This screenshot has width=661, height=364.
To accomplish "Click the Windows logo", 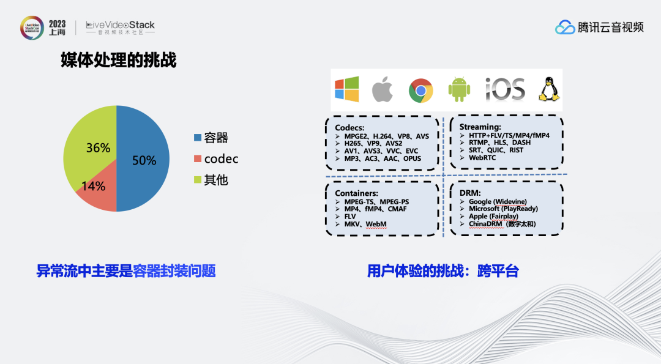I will (x=347, y=89).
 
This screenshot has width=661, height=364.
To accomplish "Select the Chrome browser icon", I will (x=421, y=91).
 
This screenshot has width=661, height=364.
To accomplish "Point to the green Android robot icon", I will (x=458, y=89).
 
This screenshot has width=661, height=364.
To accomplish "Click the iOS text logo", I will (x=505, y=89).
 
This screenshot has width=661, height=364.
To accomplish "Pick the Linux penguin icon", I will (x=550, y=89).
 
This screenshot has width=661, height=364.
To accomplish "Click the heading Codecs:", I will (x=349, y=127).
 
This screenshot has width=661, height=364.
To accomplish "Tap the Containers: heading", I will (x=356, y=193).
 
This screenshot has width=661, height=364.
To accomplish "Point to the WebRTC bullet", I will (x=482, y=158).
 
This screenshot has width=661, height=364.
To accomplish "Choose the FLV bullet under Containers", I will (x=350, y=217).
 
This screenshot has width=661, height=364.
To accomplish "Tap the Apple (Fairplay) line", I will (x=496, y=217).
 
